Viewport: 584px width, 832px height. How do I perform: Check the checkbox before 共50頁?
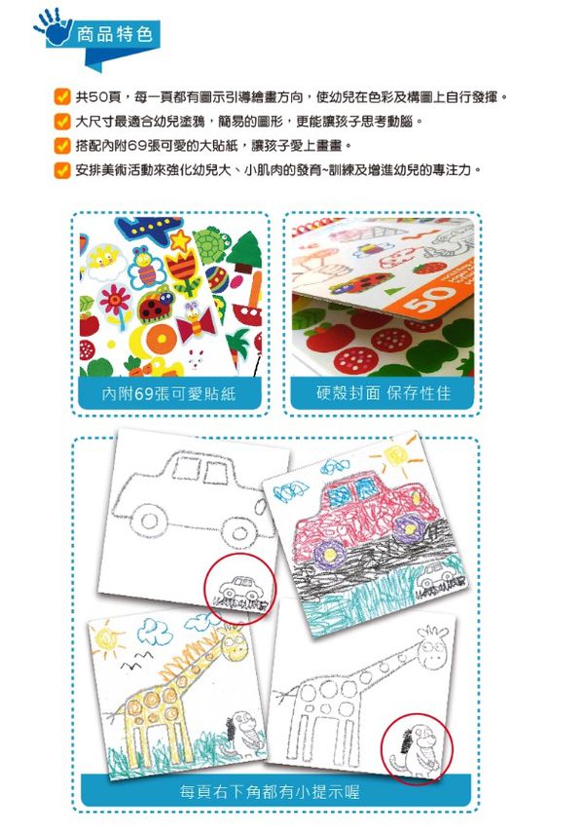[61, 98]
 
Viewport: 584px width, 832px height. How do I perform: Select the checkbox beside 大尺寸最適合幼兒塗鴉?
[61, 123]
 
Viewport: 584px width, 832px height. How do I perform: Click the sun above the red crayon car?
[397, 455]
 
